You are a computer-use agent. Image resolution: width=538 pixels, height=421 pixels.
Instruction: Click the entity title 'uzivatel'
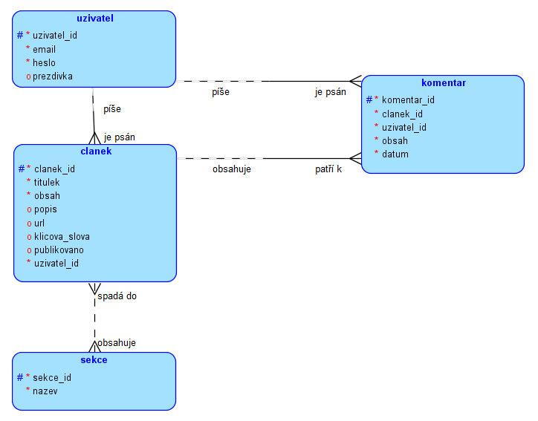click(x=94, y=18)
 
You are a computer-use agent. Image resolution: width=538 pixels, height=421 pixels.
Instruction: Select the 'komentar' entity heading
click(x=444, y=82)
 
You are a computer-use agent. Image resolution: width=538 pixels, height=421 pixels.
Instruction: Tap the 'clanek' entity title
click(x=94, y=151)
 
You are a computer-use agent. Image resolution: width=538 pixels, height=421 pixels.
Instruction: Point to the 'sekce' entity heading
click(x=94, y=359)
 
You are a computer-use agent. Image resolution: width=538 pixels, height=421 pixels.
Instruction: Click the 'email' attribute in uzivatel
click(x=44, y=49)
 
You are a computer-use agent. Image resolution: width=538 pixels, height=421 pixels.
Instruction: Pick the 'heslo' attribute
click(x=44, y=62)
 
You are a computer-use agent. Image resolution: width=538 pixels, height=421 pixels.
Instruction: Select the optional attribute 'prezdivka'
click(x=53, y=76)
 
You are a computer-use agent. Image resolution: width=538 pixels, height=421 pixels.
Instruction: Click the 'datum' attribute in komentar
click(x=395, y=154)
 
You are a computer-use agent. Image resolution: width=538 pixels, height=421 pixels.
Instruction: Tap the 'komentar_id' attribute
click(x=408, y=99)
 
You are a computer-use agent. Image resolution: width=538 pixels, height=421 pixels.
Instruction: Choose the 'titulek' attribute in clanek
click(x=47, y=182)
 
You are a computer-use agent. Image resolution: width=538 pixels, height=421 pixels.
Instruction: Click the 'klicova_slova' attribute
click(x=62, y=236)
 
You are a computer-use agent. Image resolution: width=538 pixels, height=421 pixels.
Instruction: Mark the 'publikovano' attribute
click(x=59, y=249)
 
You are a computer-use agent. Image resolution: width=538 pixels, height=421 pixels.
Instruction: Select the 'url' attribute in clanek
click(x=39, y=223)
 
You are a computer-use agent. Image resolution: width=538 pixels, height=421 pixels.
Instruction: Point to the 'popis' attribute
click(x=45, y=209)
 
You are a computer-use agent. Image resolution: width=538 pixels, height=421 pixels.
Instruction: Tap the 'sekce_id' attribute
click(x=52, y=377)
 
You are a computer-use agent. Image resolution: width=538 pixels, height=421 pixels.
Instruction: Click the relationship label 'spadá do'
click(x=117, y=296)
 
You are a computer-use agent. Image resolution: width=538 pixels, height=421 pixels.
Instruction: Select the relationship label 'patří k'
click(x=328, y=169)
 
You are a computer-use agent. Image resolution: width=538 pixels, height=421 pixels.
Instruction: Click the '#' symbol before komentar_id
click(x=369, y=99)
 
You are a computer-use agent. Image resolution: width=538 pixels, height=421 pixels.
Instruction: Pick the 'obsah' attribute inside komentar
click(x=395, y=140)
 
